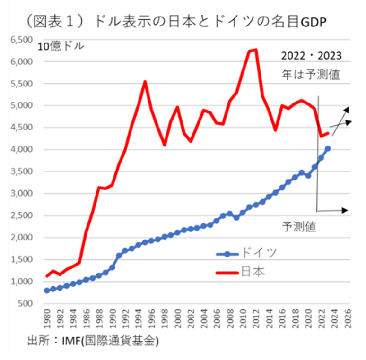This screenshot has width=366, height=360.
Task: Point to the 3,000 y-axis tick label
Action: (x=22, y=194)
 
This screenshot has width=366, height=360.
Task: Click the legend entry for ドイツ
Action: (x=258, y=253)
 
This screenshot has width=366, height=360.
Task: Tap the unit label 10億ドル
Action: (x=61, y=46)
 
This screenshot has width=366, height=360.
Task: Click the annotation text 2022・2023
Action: (x=311, y=56)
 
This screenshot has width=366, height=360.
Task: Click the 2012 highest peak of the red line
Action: (x=256, y=49)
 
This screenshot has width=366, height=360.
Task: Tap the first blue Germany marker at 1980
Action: (x=47, y=290)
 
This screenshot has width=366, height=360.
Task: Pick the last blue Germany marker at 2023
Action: (x=328, y=148)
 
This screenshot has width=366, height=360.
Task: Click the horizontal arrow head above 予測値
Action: (x=345, y=209)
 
